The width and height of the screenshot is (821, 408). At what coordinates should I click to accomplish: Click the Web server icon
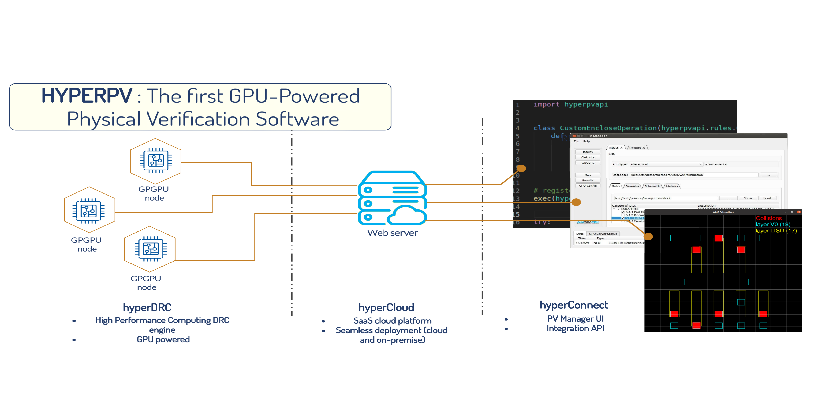point(392,198)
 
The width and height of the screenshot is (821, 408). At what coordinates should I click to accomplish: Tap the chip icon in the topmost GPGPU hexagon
point(156,160)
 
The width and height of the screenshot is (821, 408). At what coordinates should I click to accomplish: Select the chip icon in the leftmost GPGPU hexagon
point(89,211)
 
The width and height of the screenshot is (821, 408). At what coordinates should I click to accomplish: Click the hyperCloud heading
point(386,307)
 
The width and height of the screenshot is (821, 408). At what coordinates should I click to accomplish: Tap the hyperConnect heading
point(574,305)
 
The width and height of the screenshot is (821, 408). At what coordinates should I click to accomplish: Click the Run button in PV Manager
point(587,175)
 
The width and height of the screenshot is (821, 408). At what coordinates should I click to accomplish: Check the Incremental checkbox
point(706,164)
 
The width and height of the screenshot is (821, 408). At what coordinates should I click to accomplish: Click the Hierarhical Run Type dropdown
point(666,164)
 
